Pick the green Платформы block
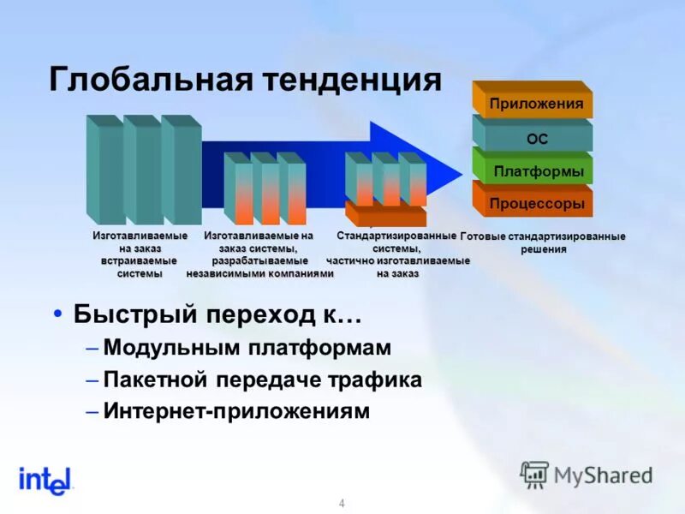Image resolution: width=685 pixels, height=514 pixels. click(538, 171)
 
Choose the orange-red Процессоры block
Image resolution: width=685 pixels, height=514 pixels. click(536, 204)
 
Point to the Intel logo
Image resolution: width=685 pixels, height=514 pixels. click(45, 481)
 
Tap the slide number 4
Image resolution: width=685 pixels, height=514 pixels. click(342, 503)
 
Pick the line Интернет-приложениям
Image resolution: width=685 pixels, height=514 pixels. click(236, 411)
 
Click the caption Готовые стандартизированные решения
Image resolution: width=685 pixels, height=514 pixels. click(543, 242)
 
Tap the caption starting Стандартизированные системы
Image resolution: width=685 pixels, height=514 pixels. click(397, 254)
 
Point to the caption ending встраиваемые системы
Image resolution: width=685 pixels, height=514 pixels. click(140, 254)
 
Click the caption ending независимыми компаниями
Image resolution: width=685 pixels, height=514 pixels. click(259, 254)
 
